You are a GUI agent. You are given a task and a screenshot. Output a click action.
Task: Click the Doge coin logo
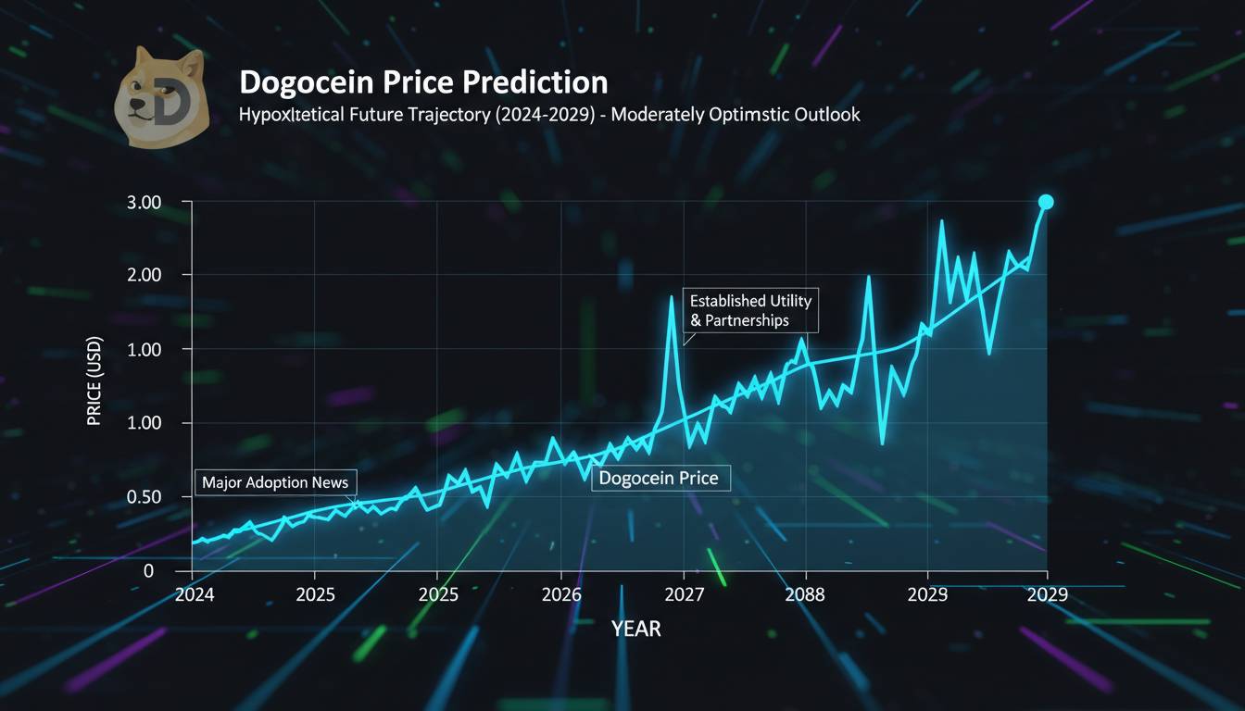[x=158, y=99]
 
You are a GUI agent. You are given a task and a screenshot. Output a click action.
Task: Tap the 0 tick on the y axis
[x=148, y=571]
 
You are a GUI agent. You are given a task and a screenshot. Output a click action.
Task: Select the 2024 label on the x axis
[x=194, y=595]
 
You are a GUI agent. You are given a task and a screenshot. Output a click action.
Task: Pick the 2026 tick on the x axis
[x=561, y=595]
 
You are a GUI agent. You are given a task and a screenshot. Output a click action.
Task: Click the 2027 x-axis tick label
[x=684, y=595]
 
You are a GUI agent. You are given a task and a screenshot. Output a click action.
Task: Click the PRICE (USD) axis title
[x=94, y=381]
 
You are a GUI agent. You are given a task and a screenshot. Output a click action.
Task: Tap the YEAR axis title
[x=636, y=630]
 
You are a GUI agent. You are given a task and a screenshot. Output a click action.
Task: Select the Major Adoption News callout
[x=275, y=483]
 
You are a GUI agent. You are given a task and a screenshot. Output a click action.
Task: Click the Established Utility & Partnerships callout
[x=750, y=311]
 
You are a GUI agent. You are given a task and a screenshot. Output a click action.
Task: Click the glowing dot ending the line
[x=1046, y=203]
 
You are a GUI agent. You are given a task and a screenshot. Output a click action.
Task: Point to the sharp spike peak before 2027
[x=672, y=298]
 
